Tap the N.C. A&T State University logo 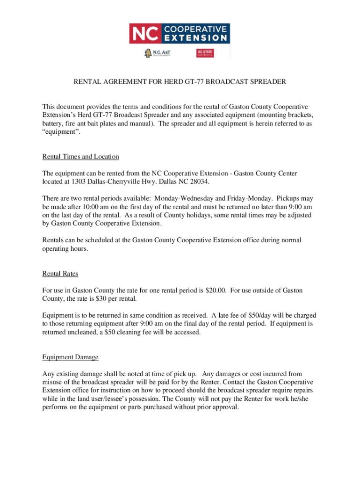(x=158, y=53)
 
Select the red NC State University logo (x=205, y=53)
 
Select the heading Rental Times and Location (x=81, y=156)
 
